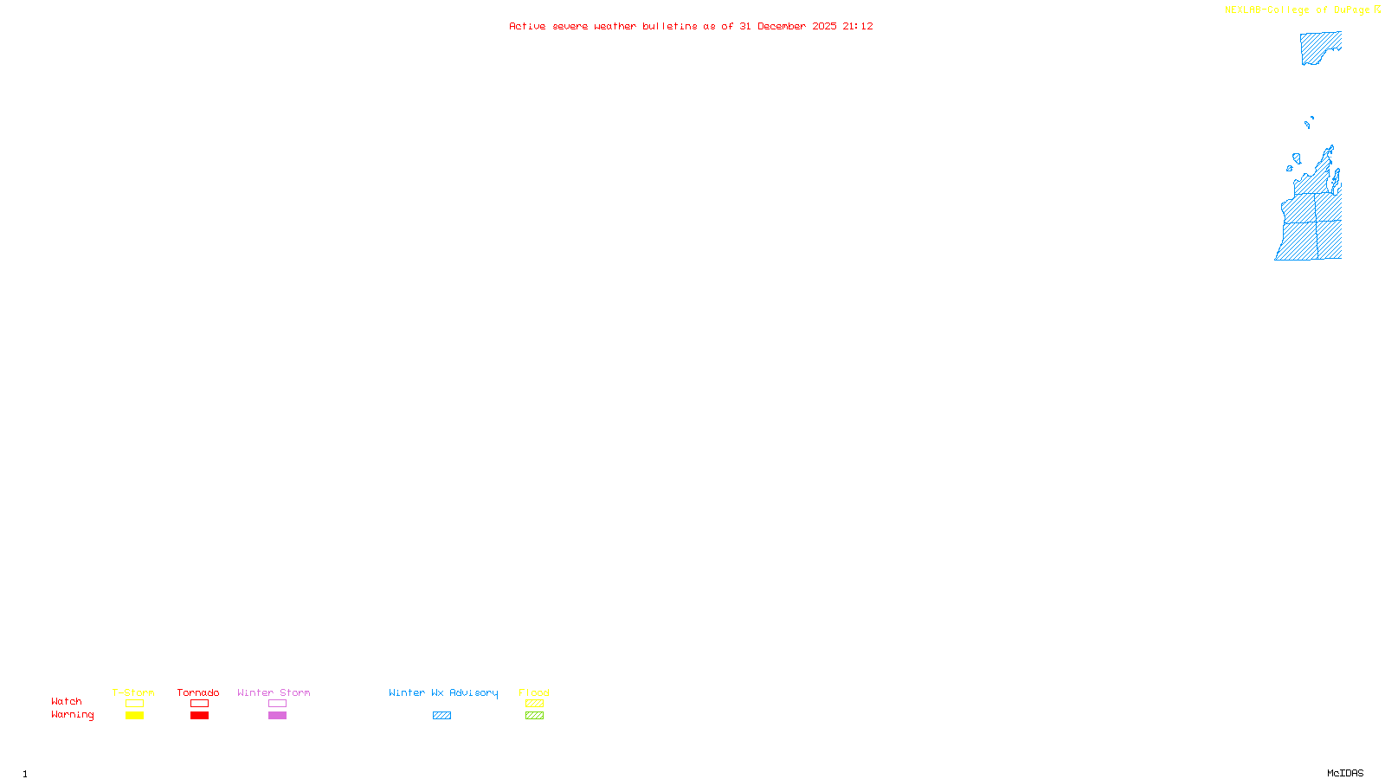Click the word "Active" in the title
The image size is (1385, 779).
click(x=527, y=27)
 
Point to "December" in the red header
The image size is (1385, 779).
click(x=782, y=27)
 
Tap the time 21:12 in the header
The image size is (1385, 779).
click(x=858, y=27)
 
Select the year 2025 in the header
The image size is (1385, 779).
click(x=824, y=27)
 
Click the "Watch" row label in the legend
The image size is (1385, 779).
click(x=67, y=702)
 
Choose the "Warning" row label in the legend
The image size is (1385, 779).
click(x=72, y=715)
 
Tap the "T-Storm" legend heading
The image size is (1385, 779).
click(x=133, y=692)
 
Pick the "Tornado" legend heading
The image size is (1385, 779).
click(x=198, y=692)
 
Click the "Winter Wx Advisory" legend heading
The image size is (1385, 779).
click(x=443, y=692)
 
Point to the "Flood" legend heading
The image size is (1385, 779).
click(x=534, y=692)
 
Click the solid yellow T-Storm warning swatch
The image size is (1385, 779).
click(x=134, y=716)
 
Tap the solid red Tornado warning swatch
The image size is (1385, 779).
click(x=200, y=716)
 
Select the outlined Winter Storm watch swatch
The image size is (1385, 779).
click(x=277, y=704)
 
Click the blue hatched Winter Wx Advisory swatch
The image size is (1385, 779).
click(x=441, y=716)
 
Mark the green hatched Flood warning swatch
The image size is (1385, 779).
click(x=534, y=716)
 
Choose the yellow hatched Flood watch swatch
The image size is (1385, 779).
click(x=534, y=704)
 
